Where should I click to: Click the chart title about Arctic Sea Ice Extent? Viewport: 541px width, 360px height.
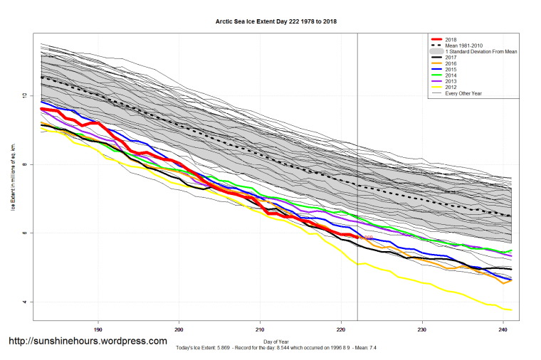[276, 21]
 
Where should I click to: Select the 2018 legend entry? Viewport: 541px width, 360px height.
[450, 40]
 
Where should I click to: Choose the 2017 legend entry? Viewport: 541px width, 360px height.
[450, 58]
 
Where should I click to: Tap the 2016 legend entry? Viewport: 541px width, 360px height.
[450, 64]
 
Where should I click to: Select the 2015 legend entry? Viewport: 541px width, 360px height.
[450, 70]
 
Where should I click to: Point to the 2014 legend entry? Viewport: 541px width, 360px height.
[450, 75]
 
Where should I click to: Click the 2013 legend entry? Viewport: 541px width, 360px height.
[450, 82]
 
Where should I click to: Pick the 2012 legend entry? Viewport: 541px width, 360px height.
[450, 88]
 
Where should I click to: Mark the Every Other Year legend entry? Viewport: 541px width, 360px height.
[464, 93]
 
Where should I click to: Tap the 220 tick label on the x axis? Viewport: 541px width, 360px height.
[341, 329]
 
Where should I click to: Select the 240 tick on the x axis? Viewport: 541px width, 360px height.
[503, 329]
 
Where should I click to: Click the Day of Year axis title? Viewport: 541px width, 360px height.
[276, 343]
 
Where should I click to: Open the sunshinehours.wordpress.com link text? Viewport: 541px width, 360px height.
[88, 342]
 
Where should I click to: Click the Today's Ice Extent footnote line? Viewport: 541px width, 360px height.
[276, 349]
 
